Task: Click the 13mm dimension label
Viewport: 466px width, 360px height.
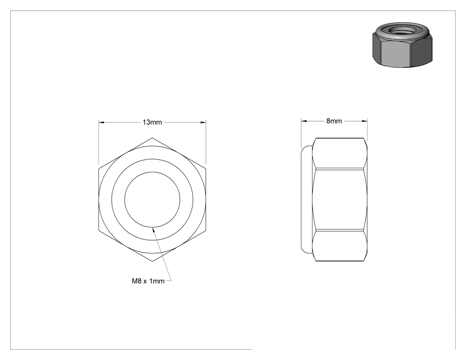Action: tap(152, 122)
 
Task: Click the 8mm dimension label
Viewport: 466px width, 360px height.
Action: tap(334, 121)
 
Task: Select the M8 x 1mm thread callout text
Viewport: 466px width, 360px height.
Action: tap(148, 281)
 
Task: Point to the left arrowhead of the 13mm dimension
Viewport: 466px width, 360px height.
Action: tap(101, 122)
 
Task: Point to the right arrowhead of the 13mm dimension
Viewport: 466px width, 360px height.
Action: tap(204, 122)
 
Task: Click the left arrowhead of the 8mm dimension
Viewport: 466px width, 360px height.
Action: tap(304, 121)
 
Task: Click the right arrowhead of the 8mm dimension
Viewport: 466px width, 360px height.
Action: tap(365, 121)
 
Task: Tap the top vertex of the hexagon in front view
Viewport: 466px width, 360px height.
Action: tap(152, 138)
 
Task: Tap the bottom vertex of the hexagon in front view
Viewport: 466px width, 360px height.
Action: tap(152, 261)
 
